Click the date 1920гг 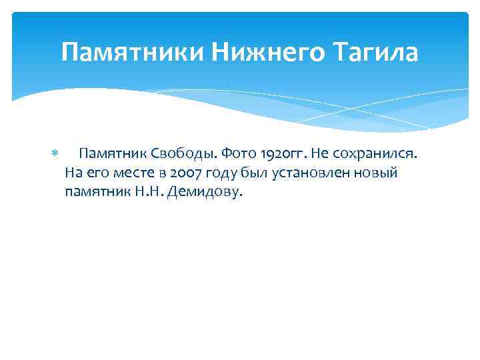(x=281, y=154)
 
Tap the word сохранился (x=375, y=154)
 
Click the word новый (x=378, y=173)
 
